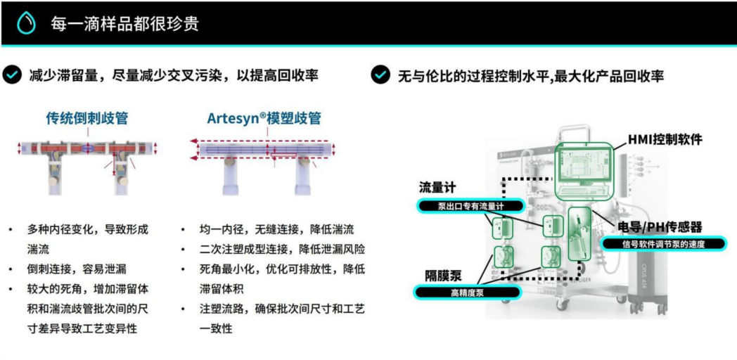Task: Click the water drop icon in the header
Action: (26, 23)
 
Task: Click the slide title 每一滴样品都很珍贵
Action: (124, 23)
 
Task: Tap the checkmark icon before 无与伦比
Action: (380, 75)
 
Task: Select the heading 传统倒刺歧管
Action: (87, 118)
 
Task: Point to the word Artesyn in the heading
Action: (233, 118)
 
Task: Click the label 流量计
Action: (437, 188)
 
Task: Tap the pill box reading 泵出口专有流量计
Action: (470, 206)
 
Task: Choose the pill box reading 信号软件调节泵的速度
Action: (663, 244)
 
